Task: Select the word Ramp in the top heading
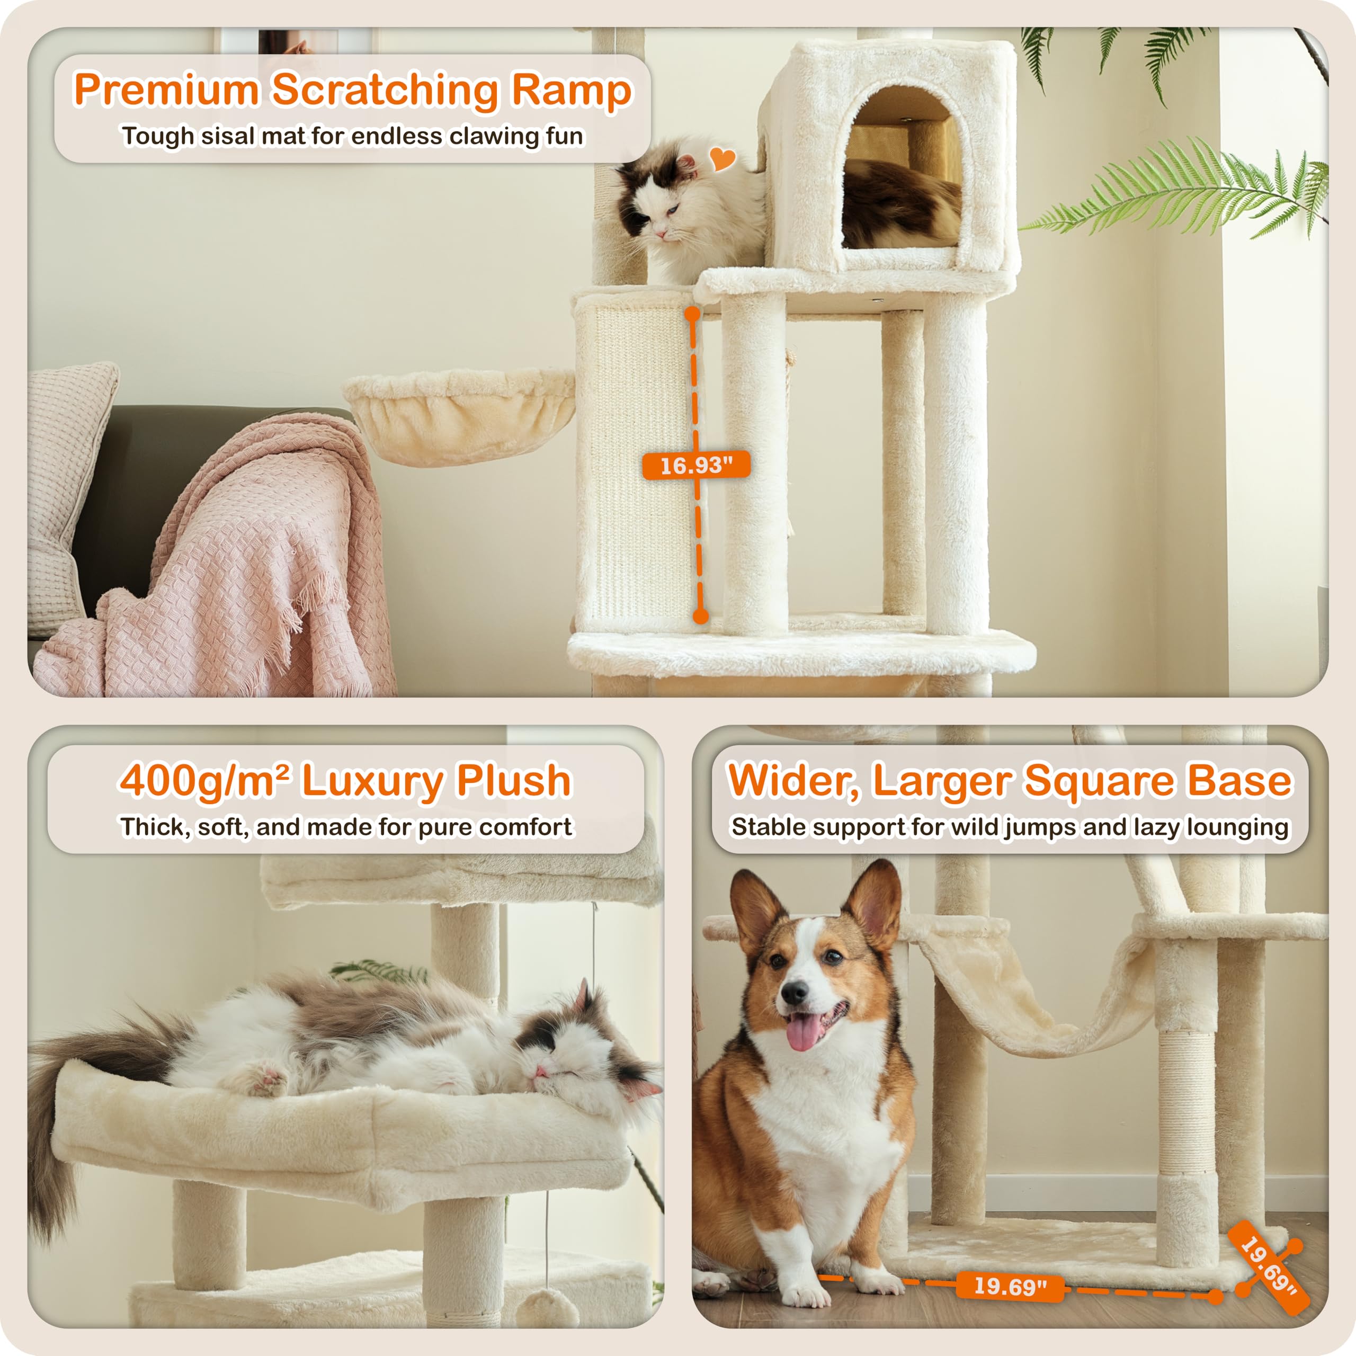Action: pos(570,90)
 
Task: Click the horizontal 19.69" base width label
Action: pos(1010,1286)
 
